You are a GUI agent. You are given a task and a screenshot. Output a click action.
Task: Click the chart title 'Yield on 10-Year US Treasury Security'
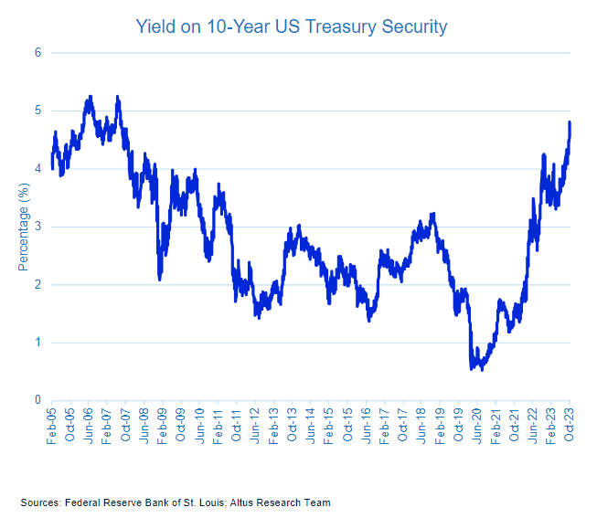click(x=291, y=26)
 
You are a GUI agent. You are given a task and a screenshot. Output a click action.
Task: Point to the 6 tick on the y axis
click(x=37, y=53)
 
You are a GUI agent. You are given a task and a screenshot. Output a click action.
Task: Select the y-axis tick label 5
click(x=37, y=111)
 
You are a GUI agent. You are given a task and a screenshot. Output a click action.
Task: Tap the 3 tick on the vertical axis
click(x=37, y=227)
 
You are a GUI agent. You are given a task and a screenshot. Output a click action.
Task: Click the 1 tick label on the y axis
click(x=37, y=343)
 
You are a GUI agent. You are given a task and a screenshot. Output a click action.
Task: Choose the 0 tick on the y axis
click(x=37, y=400)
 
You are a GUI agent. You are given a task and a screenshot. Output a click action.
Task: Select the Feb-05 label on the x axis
click(x=52, y=427)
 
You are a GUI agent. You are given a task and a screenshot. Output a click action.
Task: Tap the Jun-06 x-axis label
click(x=89, y=427)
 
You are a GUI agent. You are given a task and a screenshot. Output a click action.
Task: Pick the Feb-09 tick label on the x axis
click(x=163, y=427)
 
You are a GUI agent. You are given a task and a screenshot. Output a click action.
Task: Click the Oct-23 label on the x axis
click(x=570, y=427)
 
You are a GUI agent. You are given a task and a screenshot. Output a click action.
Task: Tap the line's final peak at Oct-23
click(x=570, y=122)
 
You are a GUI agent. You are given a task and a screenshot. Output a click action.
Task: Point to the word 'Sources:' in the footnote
click(x=41, y=502)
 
